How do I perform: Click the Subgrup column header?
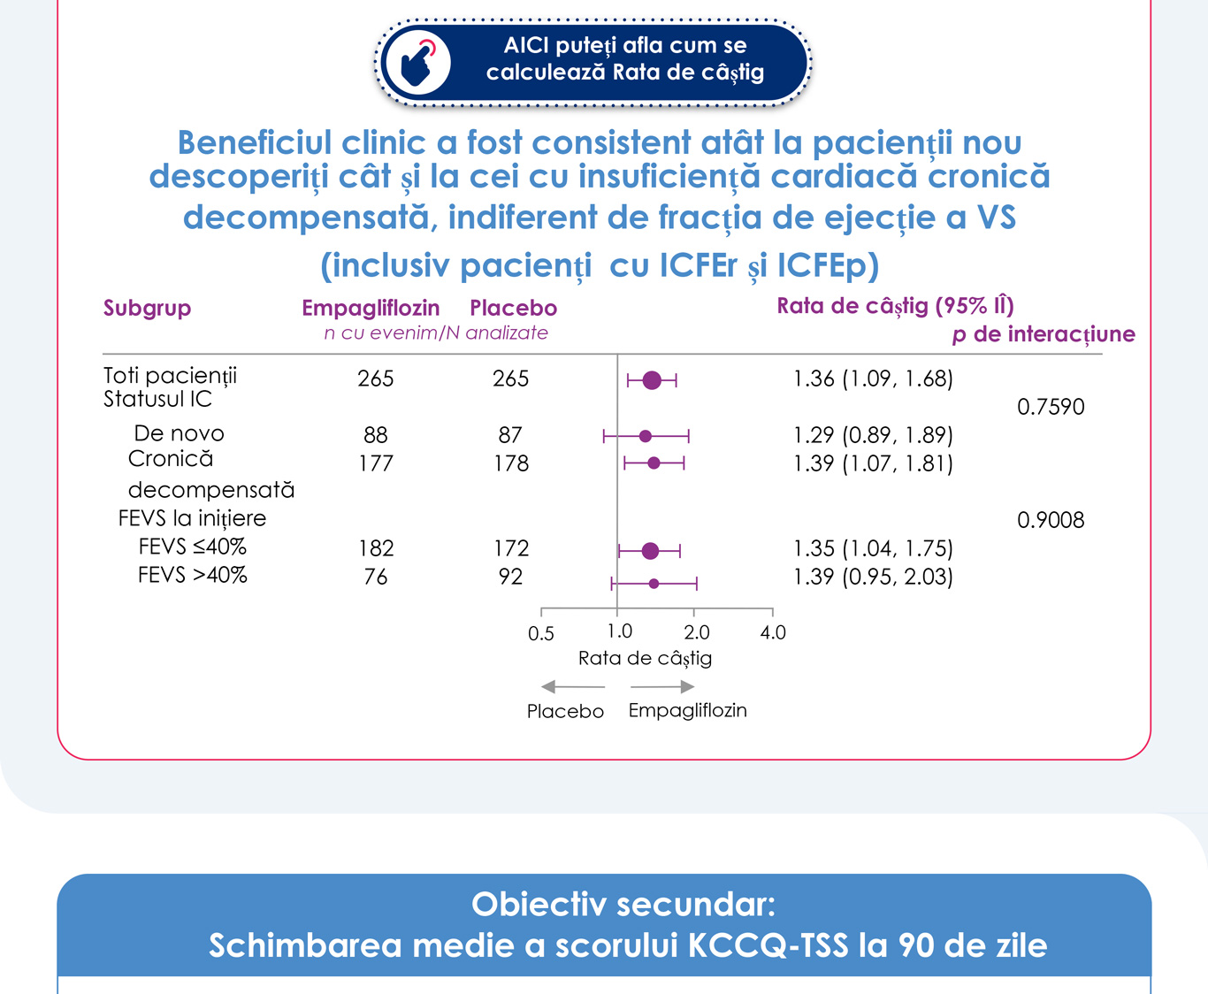coord(147,308)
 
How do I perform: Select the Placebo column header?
coord(513,308)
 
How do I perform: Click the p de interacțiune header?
coord(1044,334)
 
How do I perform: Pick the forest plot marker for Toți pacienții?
coord(652,380)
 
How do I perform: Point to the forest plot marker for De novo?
coord(646,436)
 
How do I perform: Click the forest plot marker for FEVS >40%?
coord(654,584)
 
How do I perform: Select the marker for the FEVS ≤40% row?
coord(650,551)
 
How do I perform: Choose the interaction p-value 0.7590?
coord(1051,407)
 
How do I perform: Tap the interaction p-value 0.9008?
coord(1051,520)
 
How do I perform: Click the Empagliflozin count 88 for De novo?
coord(376,435)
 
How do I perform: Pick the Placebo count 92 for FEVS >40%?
coord(510,577)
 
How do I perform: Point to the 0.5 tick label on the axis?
coord(541,633)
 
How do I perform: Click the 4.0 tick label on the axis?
coord(773,632)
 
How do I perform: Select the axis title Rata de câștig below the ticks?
coord(645,658)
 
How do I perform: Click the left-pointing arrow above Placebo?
coord(572,687)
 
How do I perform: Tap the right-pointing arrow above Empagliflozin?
coord(662,687)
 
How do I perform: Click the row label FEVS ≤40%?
coord(192,547)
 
